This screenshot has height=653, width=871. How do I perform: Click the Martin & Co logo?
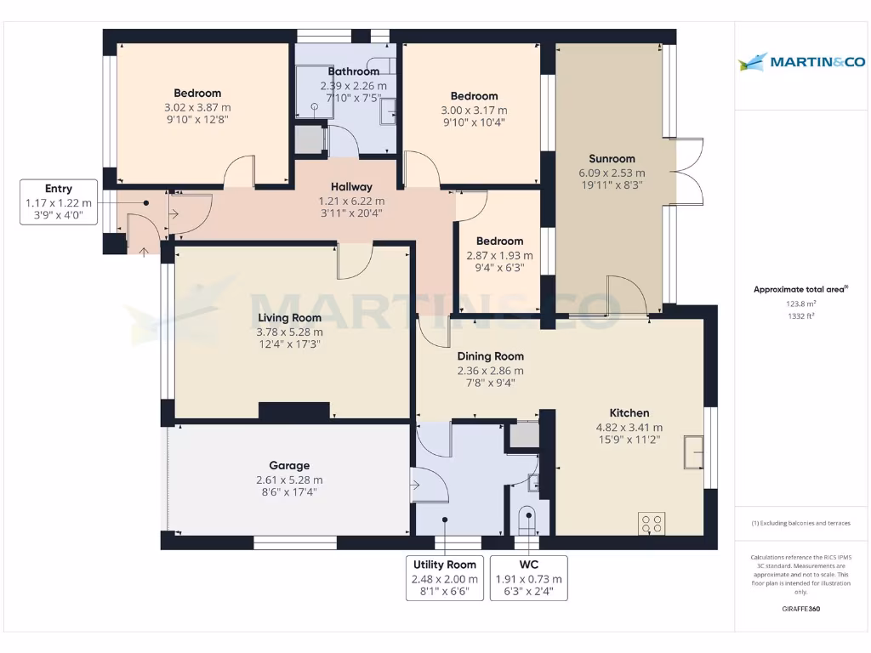click(801, 61)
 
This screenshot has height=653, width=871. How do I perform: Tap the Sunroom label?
click(612, 158)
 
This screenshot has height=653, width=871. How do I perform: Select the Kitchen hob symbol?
click(653, 523)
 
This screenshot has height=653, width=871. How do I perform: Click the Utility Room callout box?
click(446, 577)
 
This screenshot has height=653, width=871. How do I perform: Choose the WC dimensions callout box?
click(528, 577)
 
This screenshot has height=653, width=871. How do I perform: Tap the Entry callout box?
click(59, 202)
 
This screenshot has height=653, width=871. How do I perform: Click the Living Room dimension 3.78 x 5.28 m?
click(291, 332)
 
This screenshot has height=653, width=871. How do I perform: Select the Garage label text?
click(289, 465)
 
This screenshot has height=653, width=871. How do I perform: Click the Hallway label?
click(351, 187)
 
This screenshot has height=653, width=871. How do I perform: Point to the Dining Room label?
click(490, 356)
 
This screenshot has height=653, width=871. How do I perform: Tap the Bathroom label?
click(353, 71)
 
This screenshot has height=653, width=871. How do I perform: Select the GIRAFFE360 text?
click(800, 609)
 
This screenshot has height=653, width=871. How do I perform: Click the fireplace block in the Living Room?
click(293, 411)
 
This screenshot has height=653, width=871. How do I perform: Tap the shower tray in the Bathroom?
click(314, 94)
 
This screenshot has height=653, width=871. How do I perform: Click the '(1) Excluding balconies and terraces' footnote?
click(800, 523)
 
